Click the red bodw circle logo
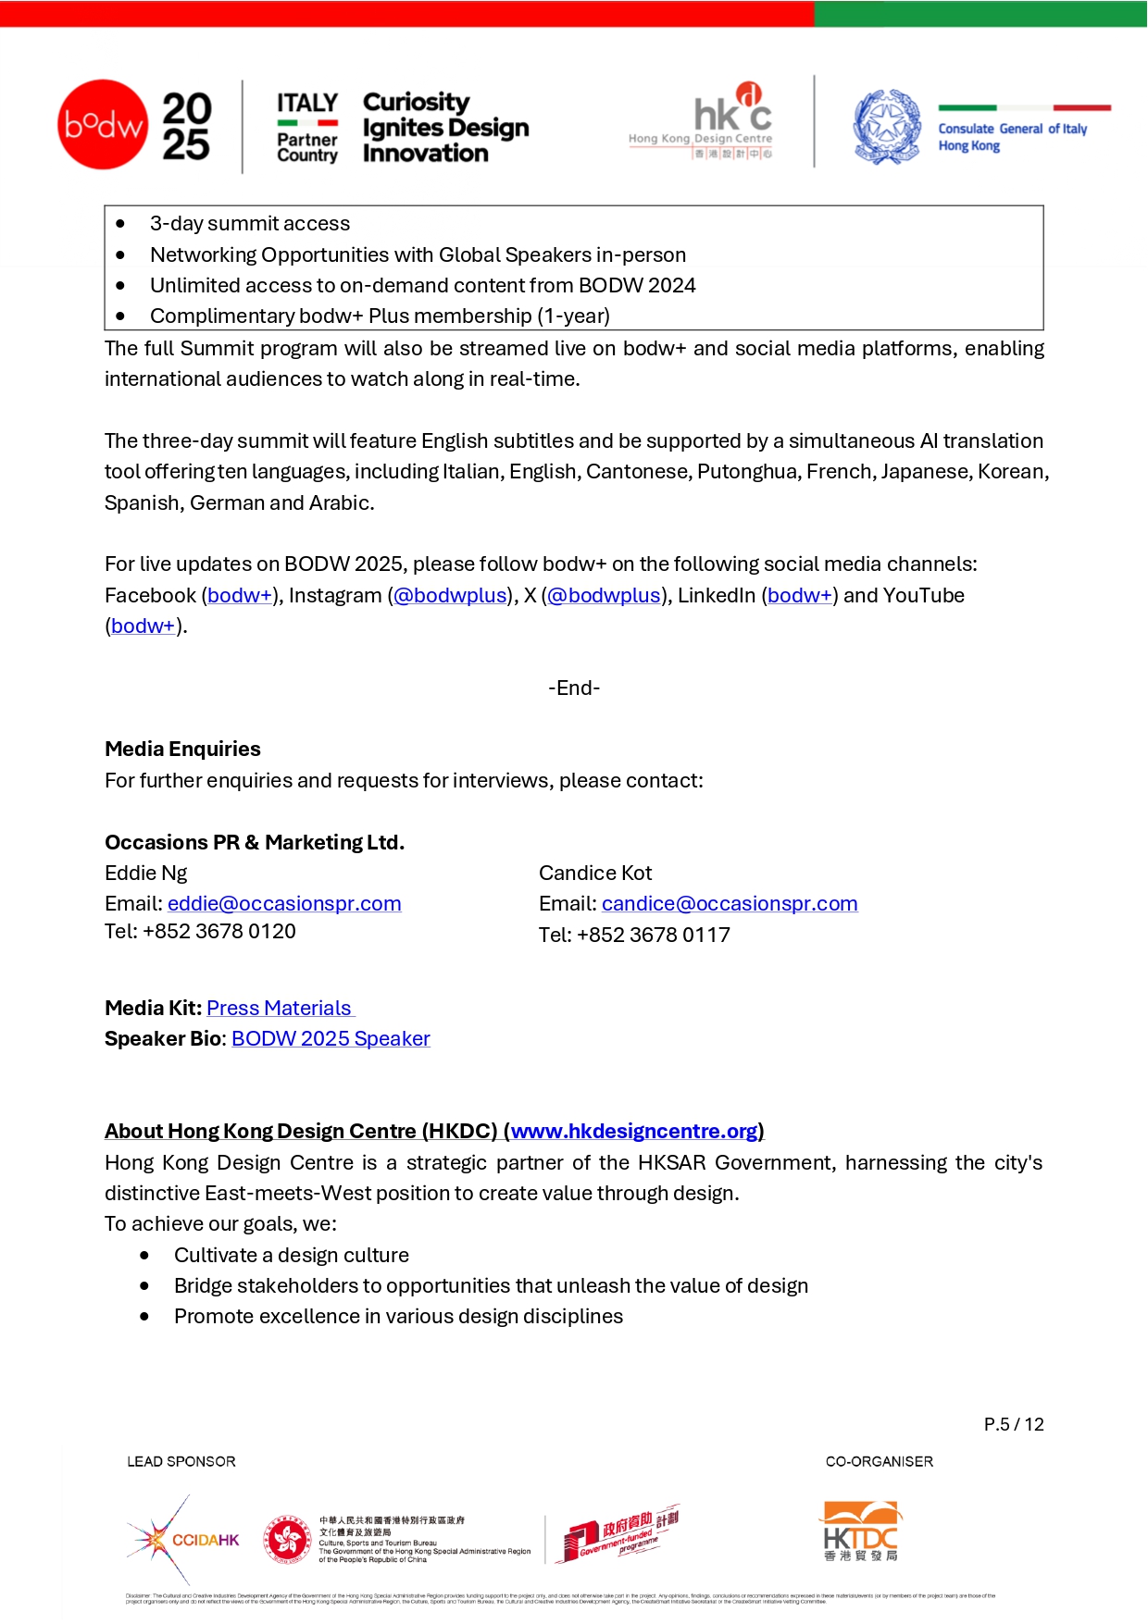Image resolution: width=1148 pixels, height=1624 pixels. click(x=103, y=125)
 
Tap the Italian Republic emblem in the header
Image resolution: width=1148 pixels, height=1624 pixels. click(x=887, y=127)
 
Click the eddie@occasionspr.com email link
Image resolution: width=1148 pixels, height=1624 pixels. click(x=284, y=904)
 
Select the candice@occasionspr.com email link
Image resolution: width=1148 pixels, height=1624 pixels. click(x=730, y=904)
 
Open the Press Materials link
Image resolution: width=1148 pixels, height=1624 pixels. click(x=279, y=1009)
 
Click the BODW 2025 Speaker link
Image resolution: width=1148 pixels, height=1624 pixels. click(x=331, y=1039)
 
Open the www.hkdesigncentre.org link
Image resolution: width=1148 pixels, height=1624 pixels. click(x=634, y=1132)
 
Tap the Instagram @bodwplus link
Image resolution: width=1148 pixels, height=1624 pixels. click(x=451, y=596)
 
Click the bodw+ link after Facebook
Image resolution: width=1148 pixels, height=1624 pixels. click(x=240, y=596)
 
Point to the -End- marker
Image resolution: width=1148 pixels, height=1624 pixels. click(x=574, y=688)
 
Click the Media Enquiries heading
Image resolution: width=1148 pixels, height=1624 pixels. click(x=182, y=750)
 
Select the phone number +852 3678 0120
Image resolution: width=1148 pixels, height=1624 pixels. click(x=219, y=932)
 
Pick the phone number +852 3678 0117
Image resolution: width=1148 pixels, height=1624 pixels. click(x=654, y=936)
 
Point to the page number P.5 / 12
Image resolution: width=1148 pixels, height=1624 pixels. click(x=1014, y=1425)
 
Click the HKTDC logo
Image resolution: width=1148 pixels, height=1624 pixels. click(x=861, y=1531)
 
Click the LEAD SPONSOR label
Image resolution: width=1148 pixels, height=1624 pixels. click(x=181, y=1462)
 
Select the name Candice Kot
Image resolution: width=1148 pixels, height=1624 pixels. click(x=595, y=874)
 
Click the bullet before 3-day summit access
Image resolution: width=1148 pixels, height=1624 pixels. click(x=120, y=224)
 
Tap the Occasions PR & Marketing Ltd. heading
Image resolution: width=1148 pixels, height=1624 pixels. click(x=255, y=843)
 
